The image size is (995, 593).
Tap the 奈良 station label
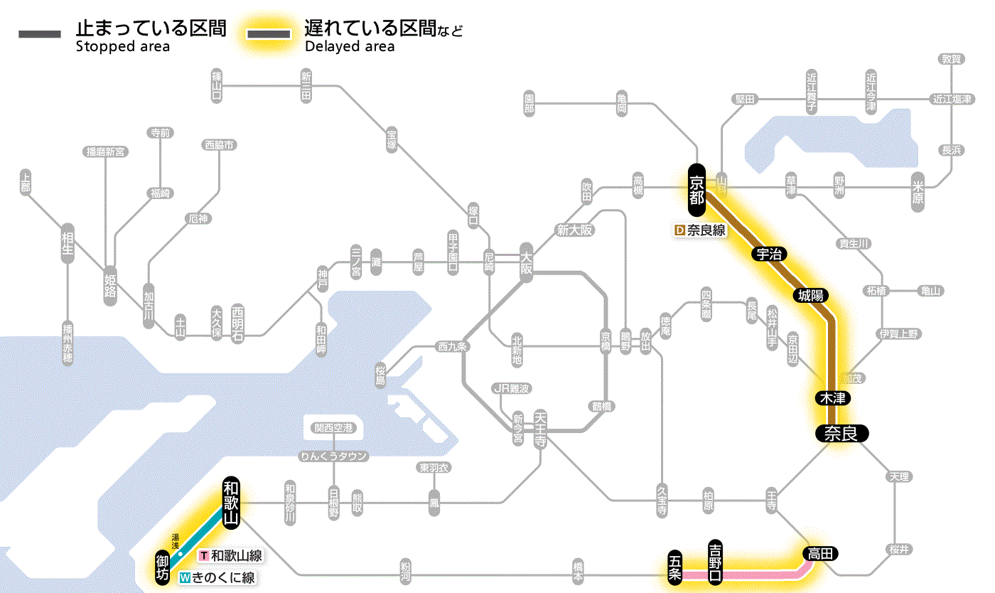(x=841, y=433)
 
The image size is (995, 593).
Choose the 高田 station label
(x=821, y=553)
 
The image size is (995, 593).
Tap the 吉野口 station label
(x=715, y=562)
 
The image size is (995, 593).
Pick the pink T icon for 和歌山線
(x=204, y=555)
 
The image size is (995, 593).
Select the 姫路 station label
(x=110, y=285)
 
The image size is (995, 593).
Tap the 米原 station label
(x=920, y=192)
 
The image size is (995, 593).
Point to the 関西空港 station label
(x=334, y=428)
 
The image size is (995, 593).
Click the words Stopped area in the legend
(x=123, y=47)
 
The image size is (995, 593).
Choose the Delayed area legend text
(x=350, y=47)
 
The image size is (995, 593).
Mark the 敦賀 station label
(x=952, y=59)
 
